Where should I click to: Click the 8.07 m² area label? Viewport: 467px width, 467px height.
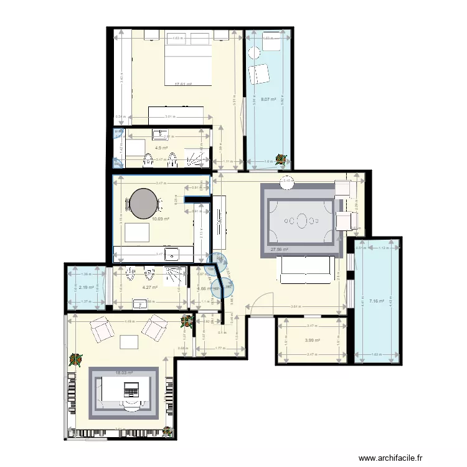[268, 99]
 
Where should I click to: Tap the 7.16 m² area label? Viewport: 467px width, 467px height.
[376, 301]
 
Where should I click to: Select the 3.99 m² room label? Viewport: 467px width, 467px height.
[312, 340]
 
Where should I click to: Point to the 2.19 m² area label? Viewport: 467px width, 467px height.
[86, 287]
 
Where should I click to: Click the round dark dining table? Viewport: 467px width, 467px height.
[144, 202]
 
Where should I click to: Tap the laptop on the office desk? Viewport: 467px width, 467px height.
[131, 392]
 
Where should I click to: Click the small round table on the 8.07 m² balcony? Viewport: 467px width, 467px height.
[254, 52]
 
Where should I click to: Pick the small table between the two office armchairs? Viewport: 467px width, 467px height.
[129, 341]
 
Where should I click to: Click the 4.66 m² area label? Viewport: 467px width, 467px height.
[202, 288]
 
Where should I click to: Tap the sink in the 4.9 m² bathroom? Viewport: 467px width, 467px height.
[161, 134]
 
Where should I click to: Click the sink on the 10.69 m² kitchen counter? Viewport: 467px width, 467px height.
[174, 252]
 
